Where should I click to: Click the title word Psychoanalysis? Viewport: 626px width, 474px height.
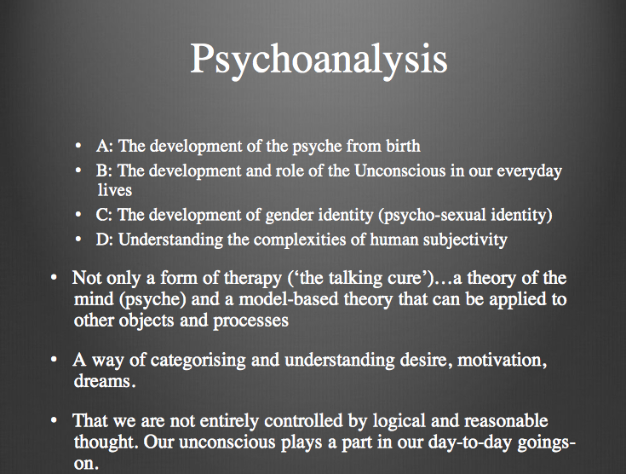[319, 60]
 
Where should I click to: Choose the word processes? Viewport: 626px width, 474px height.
[256, 322]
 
